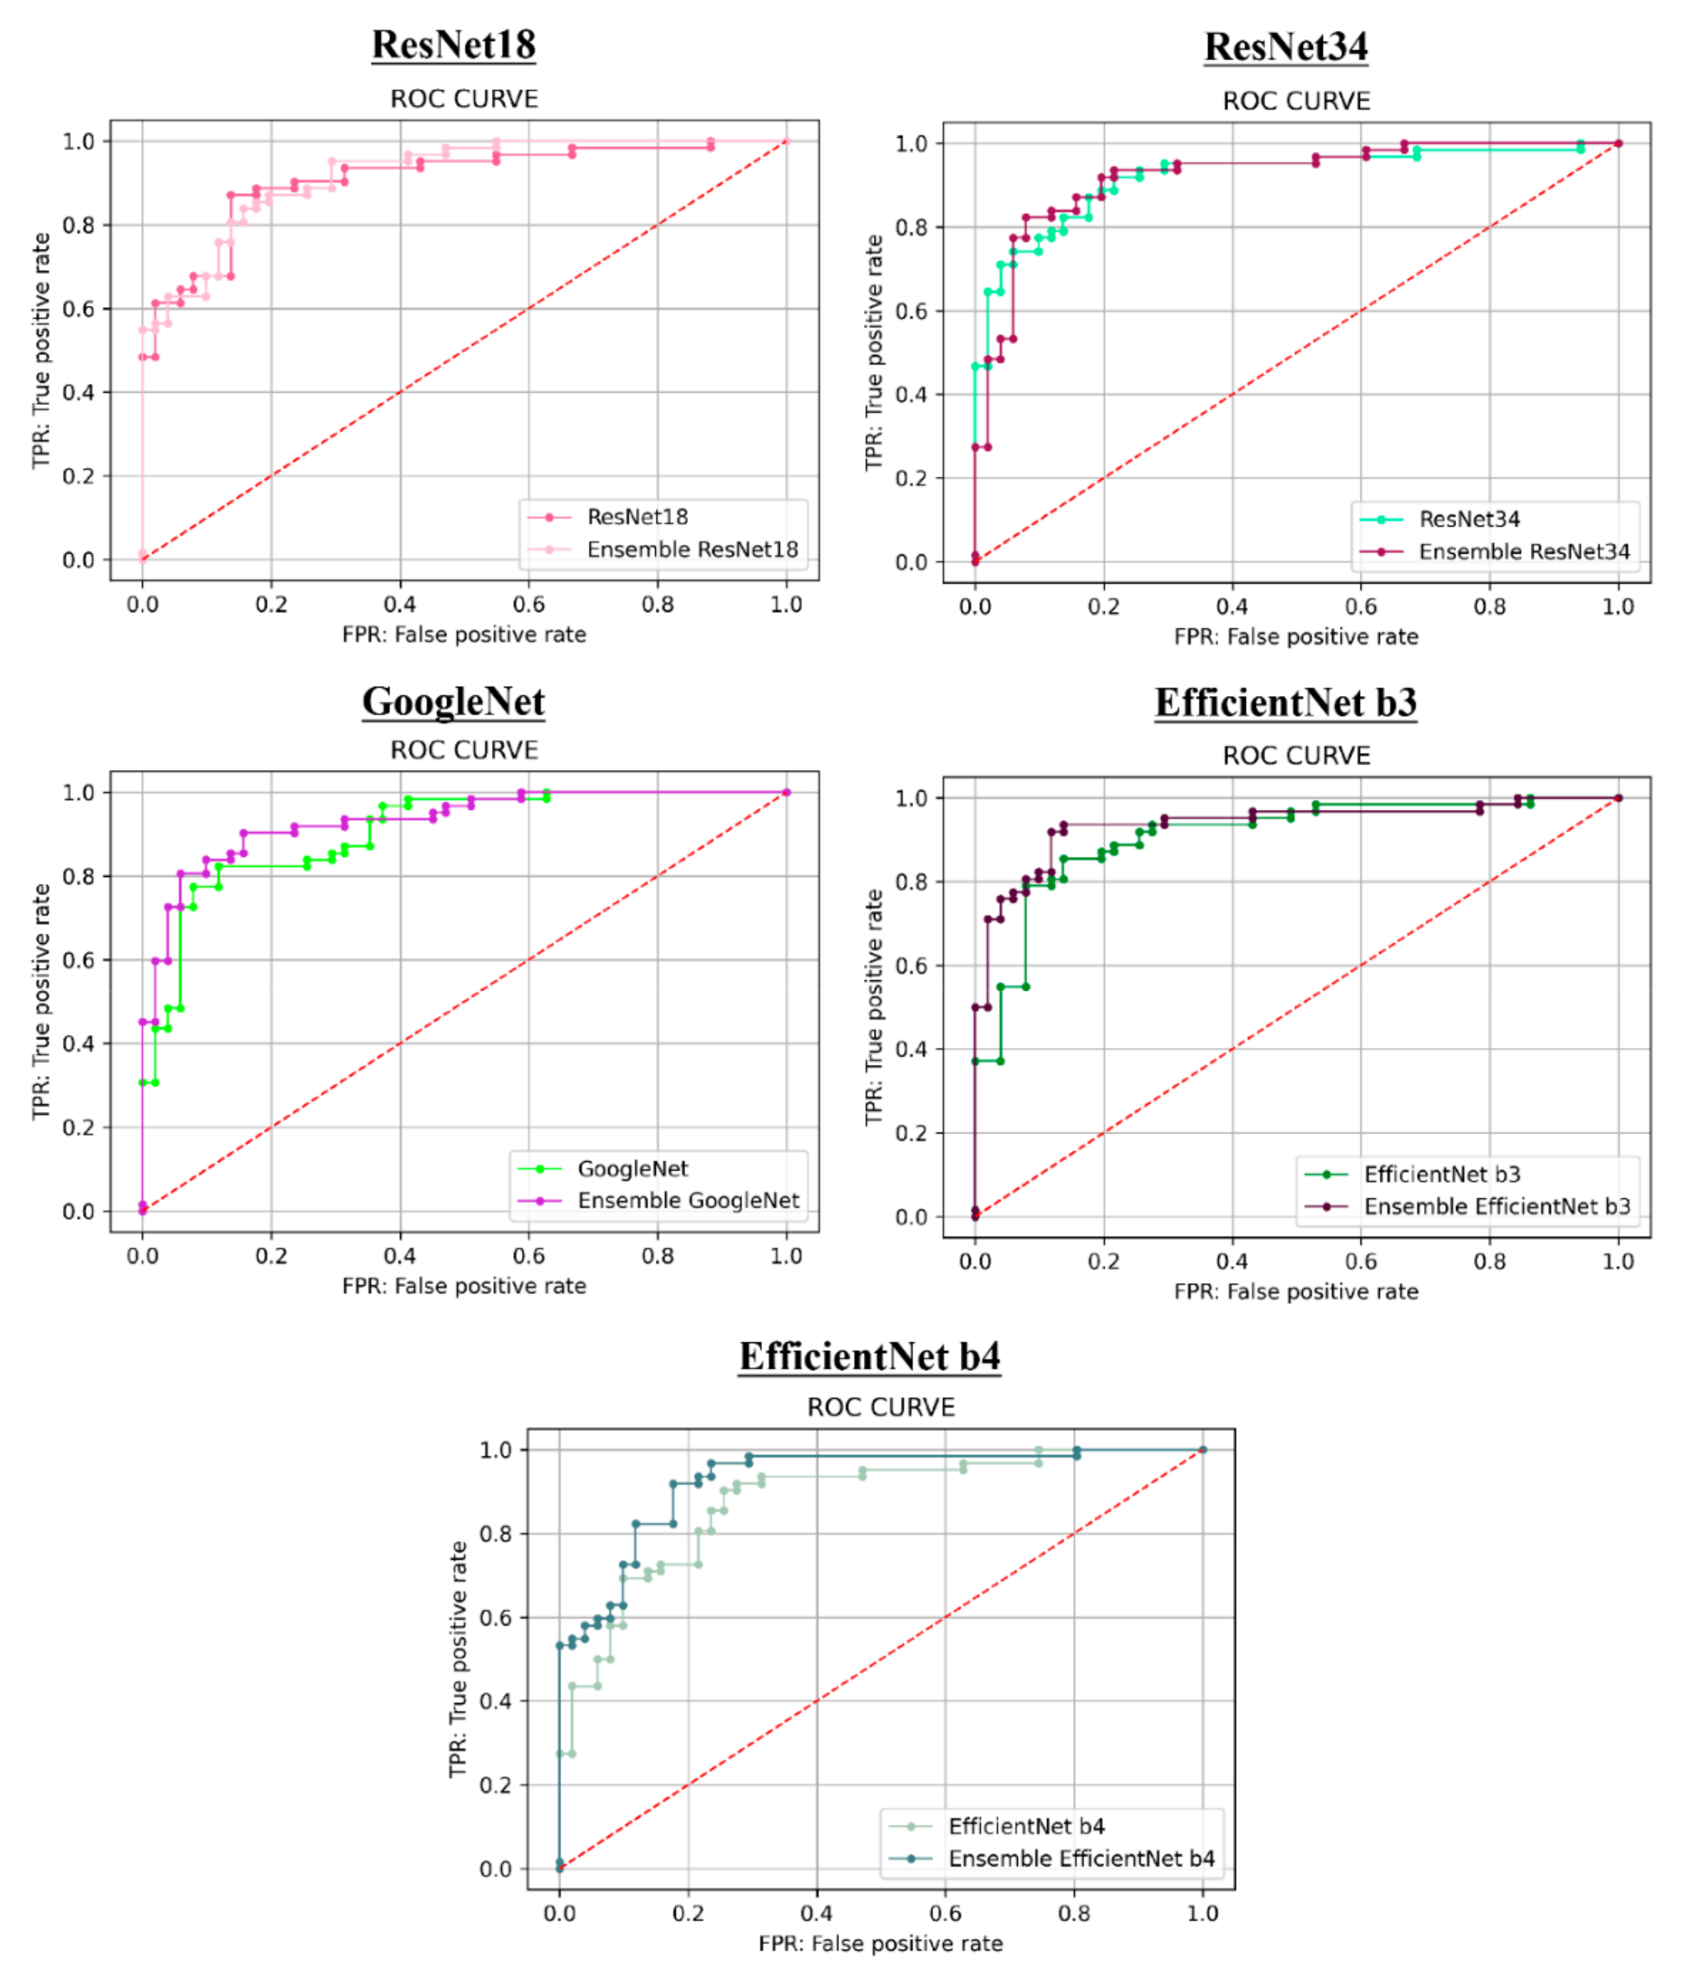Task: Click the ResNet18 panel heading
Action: point(454,45)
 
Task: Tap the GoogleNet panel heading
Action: point(454,702)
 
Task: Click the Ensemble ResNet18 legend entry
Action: point(691,549)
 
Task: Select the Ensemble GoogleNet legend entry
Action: point(688,1201)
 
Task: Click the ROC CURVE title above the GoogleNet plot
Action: point(464,751)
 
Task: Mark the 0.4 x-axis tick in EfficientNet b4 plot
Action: point(816,1913)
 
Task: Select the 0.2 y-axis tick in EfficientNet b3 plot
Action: point(910,1133)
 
